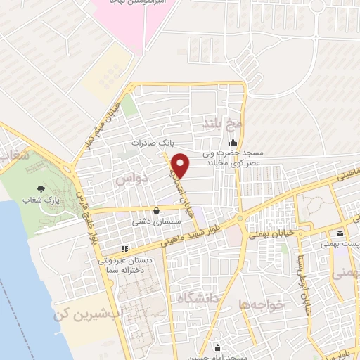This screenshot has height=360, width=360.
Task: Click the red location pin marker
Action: [181, 165]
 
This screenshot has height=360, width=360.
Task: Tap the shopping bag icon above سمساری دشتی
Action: [155, 209]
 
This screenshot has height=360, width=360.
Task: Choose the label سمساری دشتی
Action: [153, 221]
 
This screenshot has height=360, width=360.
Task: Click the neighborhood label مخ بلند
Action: [222, 124]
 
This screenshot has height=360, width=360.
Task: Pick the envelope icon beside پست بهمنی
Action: [340, 233]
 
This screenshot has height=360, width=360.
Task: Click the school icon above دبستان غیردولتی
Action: [124, 248]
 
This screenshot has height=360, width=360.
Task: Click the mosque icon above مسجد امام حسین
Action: [217, 348]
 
